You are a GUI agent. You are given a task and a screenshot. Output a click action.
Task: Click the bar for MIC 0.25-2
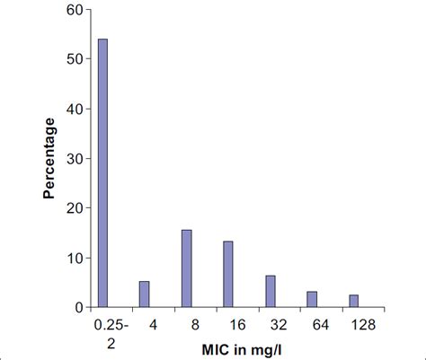(x=102, y=173)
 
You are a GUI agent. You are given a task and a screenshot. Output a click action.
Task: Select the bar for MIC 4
(x=145, y=294)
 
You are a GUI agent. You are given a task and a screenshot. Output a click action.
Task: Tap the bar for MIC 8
(x=186, y=268)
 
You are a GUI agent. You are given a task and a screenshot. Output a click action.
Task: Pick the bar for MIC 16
(x=228, y=274)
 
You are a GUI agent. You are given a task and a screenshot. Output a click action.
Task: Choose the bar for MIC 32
(x=270, y=291)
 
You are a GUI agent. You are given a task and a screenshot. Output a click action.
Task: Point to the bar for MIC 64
(x=312, y=299)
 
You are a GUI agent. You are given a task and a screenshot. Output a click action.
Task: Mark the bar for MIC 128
(x=354, y=301)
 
